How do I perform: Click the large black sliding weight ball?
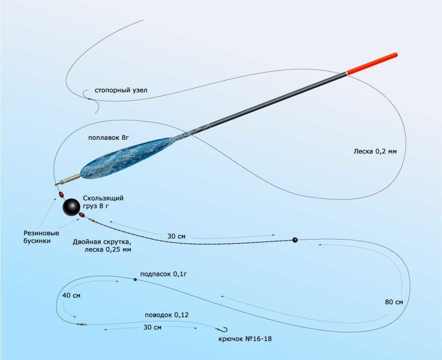71,207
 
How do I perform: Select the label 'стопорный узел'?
121,91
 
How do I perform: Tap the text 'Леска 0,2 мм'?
375,152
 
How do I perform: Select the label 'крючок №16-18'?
245,338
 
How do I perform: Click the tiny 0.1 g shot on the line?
135,279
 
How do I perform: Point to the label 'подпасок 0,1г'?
163,274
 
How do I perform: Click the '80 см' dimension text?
394,302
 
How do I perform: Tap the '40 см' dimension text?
71,295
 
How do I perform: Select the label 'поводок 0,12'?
167,315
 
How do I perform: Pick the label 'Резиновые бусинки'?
41,237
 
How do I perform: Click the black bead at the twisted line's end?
295,240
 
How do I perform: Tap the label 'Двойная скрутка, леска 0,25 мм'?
102,246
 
